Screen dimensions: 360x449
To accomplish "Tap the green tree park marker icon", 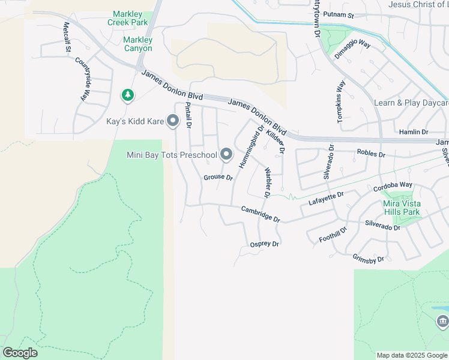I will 127,95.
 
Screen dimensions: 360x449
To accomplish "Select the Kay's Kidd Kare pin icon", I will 173,122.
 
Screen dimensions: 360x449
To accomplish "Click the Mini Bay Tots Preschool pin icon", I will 226,155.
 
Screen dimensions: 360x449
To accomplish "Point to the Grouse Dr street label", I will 218,178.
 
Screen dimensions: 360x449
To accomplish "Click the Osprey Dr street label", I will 265,244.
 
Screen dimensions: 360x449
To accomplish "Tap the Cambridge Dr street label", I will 261,214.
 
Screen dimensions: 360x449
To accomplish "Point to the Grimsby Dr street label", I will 369,258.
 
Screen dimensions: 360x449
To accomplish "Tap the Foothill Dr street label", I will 333,235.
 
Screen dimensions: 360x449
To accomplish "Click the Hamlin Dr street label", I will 413,131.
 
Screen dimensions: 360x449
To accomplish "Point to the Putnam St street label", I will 339,14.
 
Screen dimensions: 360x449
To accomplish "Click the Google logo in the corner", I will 20,353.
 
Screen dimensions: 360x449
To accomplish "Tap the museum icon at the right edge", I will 442,322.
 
